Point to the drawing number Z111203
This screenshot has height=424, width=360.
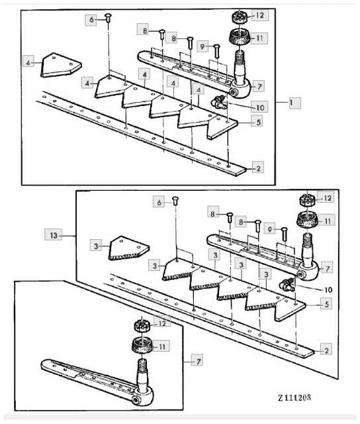tap(294, 397)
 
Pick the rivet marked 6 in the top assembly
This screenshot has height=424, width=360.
tap(109, 18)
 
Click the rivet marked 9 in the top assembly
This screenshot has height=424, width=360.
tap(216, 50)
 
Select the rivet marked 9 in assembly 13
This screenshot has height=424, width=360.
tap(284, 234)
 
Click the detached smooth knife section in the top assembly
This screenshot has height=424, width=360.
tap(61, 65)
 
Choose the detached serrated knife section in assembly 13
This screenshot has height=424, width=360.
tap(129, 249)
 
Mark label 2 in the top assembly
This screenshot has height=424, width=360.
tap(258, 168)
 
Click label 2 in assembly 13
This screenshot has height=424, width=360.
tap(326, 350)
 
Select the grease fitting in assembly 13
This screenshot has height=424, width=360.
tap(287, 284)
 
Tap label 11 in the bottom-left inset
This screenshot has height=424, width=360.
tap(161, 346)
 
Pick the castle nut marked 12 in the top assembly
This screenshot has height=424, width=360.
tap(239, 17)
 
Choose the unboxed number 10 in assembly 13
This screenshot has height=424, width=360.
tap(328, 290)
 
